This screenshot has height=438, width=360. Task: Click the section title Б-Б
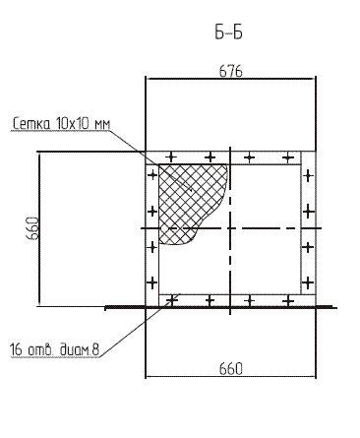coord(228,32)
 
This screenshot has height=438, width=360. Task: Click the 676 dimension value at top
coord(231,71)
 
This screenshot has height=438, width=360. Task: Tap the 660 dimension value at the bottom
coord(231,369)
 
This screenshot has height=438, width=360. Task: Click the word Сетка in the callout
coord(32,124)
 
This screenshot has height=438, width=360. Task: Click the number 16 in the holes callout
coord(16,349)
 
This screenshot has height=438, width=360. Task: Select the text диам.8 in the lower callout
coord(80,349)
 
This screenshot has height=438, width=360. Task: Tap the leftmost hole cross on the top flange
coord(171,156)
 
